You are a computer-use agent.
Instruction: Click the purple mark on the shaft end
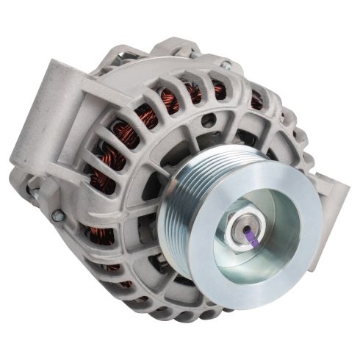tap(251, 235)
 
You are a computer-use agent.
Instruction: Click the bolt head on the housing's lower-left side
tap(57, 215)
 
